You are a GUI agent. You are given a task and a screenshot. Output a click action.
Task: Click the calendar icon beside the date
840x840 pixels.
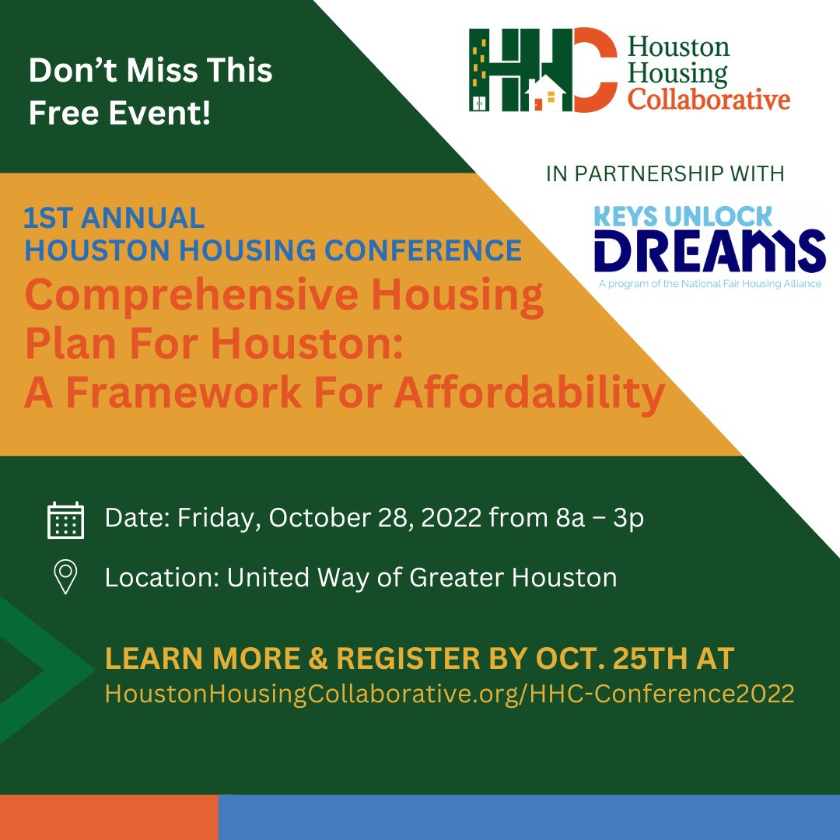65,520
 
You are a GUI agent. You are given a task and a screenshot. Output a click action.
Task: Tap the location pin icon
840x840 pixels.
65,578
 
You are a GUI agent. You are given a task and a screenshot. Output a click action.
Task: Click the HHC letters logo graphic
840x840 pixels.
537,69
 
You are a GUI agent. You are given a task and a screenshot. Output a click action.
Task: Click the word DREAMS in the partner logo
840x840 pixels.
709,250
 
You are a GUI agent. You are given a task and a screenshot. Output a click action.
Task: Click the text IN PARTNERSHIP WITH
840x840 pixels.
665,173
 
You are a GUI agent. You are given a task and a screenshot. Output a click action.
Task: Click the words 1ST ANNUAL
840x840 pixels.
114,219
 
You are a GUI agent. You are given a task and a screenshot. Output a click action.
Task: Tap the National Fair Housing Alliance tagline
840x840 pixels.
709,284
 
